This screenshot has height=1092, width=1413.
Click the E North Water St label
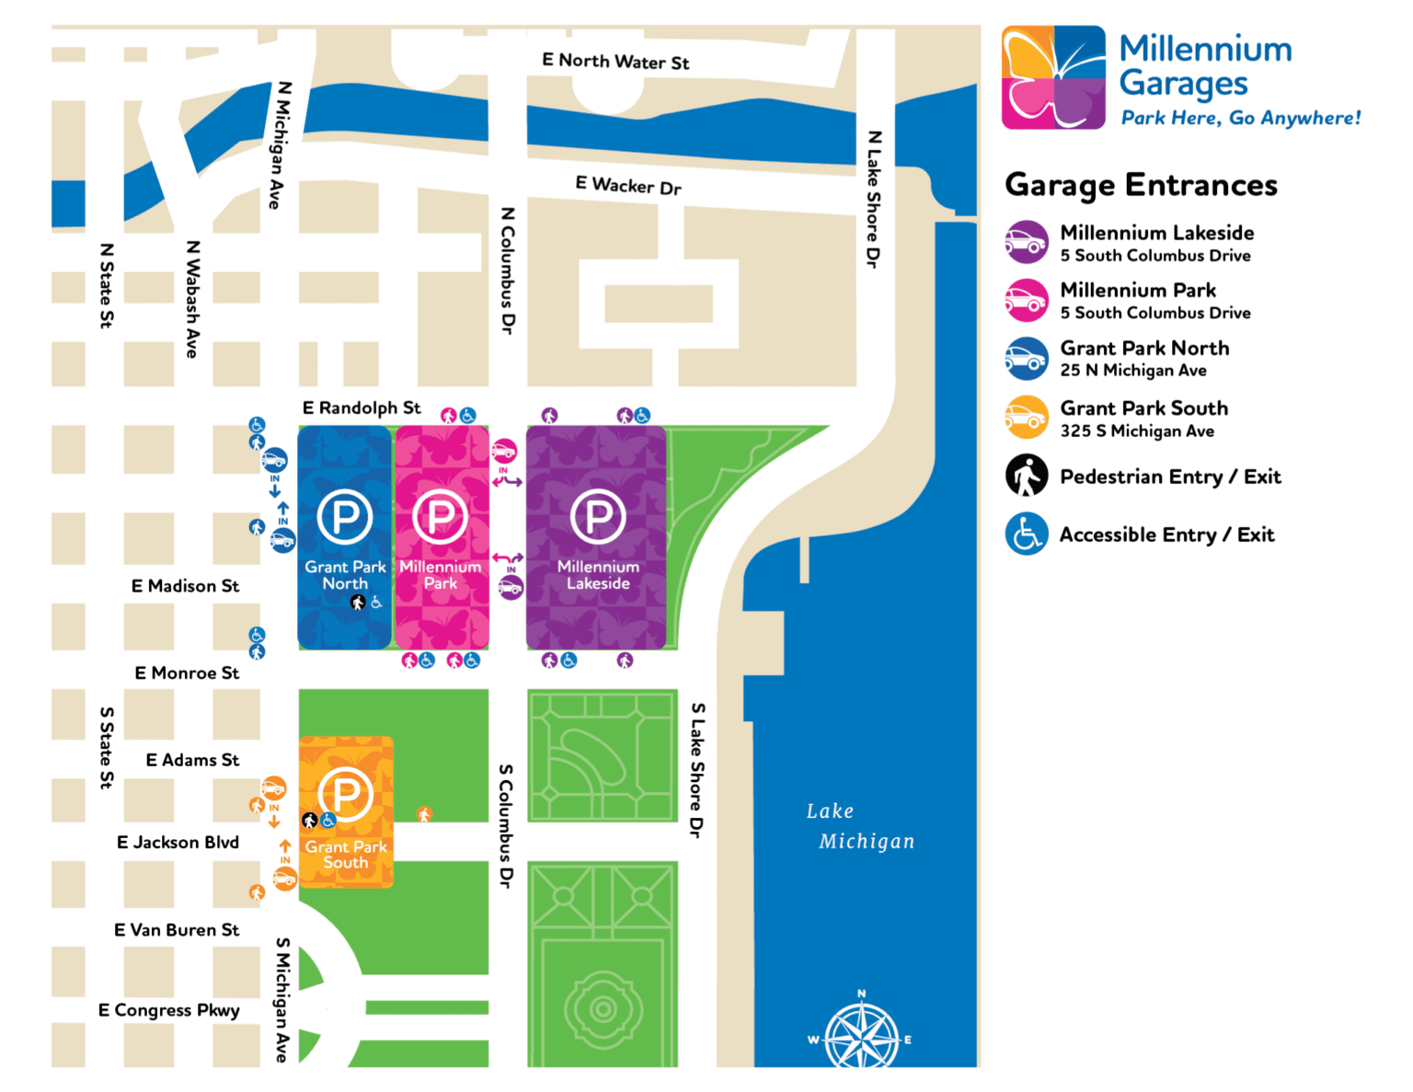pyautogui.click(x=615, y=62)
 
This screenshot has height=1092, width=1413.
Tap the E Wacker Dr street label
pyautogui.click(x=628, y=186)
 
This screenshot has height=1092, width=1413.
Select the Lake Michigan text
pyautogui.click(x=859, y=826)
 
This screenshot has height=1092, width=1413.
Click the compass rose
pyautogui.click(x=861, y=1036)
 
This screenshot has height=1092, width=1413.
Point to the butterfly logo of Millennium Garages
pyautogui.click(x=1053, y=78)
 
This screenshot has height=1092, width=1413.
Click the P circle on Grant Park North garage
pyautogui.click(x=345, y=517)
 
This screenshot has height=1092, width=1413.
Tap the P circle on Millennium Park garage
pyautogui.click(x=441, y=517)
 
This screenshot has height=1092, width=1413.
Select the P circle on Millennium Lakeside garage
pyautogui.click(x=598, y=517)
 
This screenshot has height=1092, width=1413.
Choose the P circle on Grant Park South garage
pyautogui.click(x=345, y=794)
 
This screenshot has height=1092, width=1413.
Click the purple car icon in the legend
pyautogui.click(x=1027, y=243)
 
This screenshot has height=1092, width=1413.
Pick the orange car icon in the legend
pyautogui.click(x=1027, y=418)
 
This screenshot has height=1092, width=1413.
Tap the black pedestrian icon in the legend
pyautogui.click(x=1027, y=477)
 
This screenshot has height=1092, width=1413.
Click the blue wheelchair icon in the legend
pyautogui.click(x=1027, y=535)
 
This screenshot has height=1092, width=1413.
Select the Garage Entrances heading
pyautogui.click(x=1141, y=185)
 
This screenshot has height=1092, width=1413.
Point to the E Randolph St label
pyautogui.click(x=362, y=408)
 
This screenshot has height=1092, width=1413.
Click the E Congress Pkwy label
pyautogui.click(x=169, y=1010)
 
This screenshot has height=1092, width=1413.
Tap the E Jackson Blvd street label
pyautogui.click(x=178, y=843)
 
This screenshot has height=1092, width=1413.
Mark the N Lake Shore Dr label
pyautogui.click(x=874, y=200)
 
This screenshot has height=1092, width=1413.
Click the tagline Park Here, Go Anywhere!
pyautogui.click(x=1240, y=118)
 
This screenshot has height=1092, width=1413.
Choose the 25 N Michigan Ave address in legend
pyautogui.click(x=1133, y=371)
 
